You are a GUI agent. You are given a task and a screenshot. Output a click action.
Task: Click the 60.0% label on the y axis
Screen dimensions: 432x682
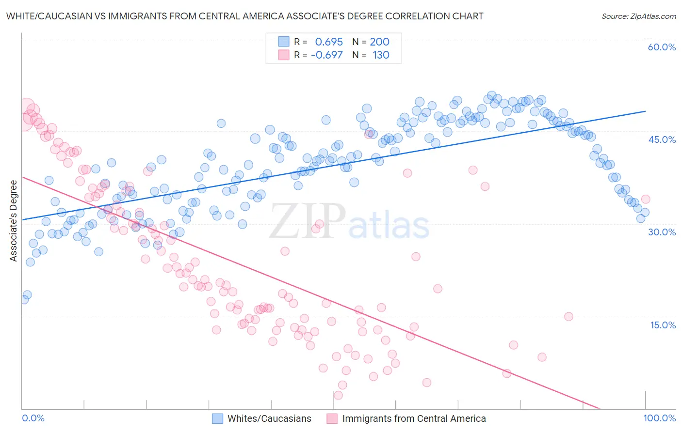click(662, 47)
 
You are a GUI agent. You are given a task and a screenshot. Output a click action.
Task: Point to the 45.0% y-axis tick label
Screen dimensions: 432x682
click(662, 139)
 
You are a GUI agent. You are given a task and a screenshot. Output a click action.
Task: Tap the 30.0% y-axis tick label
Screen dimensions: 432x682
click(662, 232)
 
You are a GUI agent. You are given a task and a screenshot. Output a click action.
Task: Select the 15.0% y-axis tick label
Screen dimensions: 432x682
click(663, 324)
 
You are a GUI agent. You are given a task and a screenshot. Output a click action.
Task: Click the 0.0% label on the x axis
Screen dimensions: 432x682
click(33, 418)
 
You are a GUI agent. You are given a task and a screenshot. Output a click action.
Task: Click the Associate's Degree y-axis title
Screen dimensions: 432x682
click(14, 220)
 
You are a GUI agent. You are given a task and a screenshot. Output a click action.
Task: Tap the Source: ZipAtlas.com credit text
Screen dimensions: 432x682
click(638, 16)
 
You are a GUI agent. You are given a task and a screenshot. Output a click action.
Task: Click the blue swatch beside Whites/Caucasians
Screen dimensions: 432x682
click(217, 418)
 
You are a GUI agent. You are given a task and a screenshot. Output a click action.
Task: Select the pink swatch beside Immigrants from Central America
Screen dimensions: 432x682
click(332, 418)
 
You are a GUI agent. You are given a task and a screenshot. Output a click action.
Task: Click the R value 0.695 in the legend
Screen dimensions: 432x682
click(329, 42)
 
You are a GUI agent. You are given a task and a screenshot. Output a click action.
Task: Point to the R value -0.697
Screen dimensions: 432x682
click(327, 55)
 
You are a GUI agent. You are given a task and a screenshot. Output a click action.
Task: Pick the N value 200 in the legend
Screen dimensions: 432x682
click(380, 42)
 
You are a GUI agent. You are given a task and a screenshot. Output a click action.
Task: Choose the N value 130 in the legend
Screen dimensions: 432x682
click(381, 55)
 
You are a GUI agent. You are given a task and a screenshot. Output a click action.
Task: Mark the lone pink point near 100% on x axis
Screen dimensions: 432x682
click(645, 199)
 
